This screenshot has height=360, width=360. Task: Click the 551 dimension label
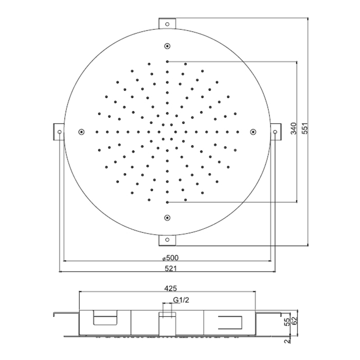click(306, 129)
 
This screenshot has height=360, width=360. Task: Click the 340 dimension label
click(294, 129)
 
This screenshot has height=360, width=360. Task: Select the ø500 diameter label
click(170, 258)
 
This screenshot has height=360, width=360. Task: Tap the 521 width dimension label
click(171, 268)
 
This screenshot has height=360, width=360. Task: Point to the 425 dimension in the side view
click(171, 289)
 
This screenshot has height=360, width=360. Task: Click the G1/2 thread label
click(181, 300)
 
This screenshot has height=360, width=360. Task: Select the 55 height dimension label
click(287, 322)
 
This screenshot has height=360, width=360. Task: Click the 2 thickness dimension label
click(287, 341)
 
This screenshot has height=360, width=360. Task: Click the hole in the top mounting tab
click(167, 24)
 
